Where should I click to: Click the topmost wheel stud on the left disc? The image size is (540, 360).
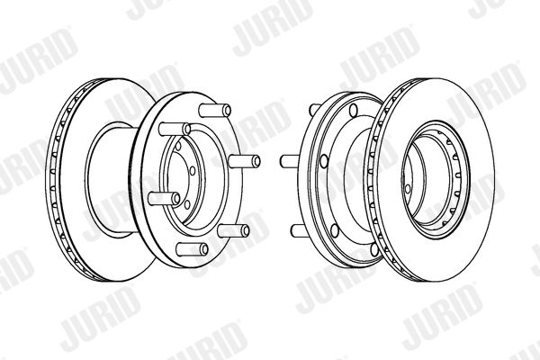point(215,110)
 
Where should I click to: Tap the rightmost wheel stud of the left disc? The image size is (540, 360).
point(244,161)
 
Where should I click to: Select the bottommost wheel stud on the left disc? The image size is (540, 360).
point(193,249)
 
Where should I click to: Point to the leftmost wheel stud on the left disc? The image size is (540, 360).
point(165,198)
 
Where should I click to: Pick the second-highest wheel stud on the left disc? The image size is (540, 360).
point(175,129)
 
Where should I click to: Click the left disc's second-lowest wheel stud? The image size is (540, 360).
point(233,230)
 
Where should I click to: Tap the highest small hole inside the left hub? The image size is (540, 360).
point(178,146)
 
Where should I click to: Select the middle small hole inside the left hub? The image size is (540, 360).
point(193,171)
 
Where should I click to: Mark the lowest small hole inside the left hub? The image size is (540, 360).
point(187,204)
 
